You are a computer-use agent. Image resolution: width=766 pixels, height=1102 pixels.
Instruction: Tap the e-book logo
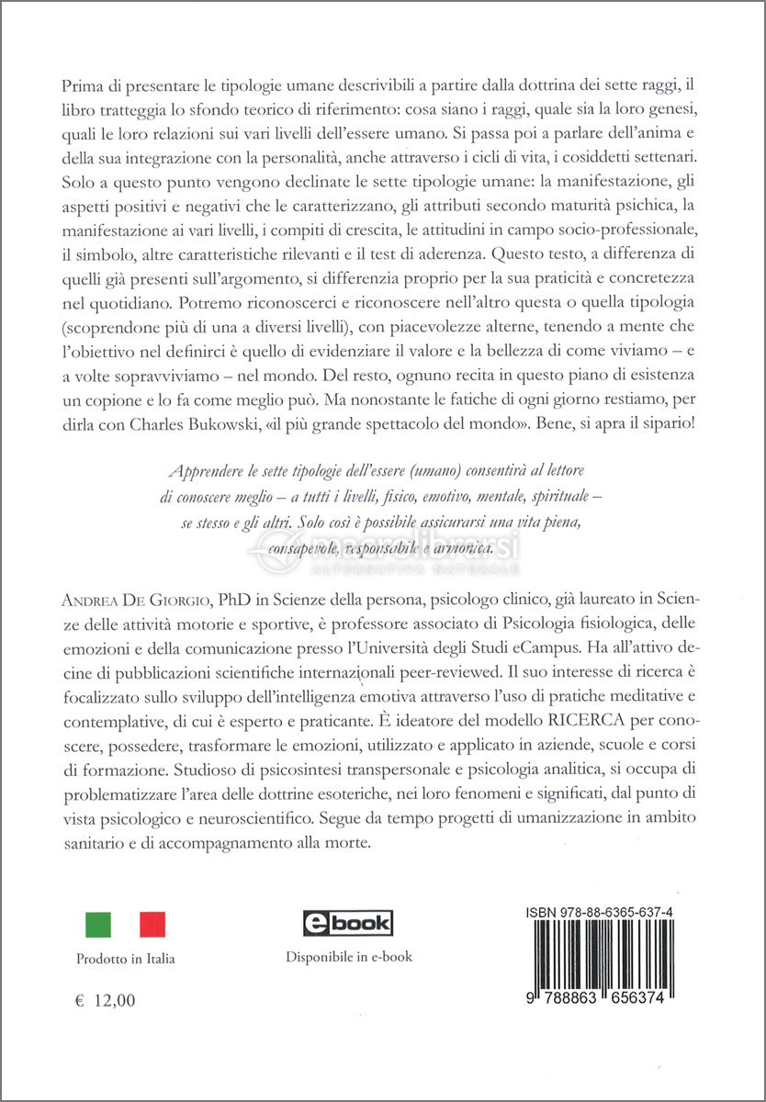(x=348, y=922)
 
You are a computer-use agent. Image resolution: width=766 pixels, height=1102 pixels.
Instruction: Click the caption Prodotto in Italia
(x=125, y=959)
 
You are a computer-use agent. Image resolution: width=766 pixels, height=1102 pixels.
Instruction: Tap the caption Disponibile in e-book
(x=349, y=956)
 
